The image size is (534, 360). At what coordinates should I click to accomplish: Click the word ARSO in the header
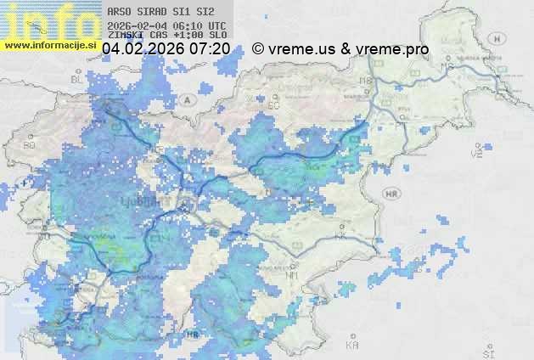[x=118, y=13]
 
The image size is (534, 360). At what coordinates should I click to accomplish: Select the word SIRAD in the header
[x=152, y=13]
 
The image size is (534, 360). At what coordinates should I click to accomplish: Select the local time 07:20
[x=209, y=49]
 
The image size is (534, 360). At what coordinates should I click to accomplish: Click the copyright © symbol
[x=257, y=49]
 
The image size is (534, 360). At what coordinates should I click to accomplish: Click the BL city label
[x=77, y=78]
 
